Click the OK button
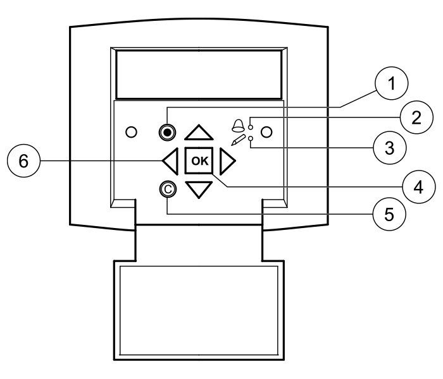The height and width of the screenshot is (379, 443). pos(199,160)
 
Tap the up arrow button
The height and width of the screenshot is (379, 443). pos(199,133)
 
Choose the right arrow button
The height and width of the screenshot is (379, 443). pos(227,161)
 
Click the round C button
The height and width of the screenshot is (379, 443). pos(168,189)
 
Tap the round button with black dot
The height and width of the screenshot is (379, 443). pos(167,132)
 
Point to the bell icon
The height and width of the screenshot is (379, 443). pos(238,126)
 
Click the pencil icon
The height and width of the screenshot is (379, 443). pos(238,140)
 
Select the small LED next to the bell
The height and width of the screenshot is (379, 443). pos(251,128)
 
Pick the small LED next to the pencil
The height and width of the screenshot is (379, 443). pos(251,138)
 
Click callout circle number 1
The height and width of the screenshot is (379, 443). pos(391,83)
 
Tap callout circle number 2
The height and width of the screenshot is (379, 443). pos(416,117)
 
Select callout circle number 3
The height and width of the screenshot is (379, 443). pos(390,147)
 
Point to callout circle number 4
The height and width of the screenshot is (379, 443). pos(418,187)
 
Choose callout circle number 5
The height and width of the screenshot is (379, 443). pos(389,214)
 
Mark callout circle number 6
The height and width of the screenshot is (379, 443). pos(24,161)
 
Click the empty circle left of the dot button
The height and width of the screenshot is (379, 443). pos(131,132)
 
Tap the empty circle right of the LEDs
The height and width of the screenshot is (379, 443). pos(266,132)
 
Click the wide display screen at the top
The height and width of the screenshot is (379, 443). pos(199,75)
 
